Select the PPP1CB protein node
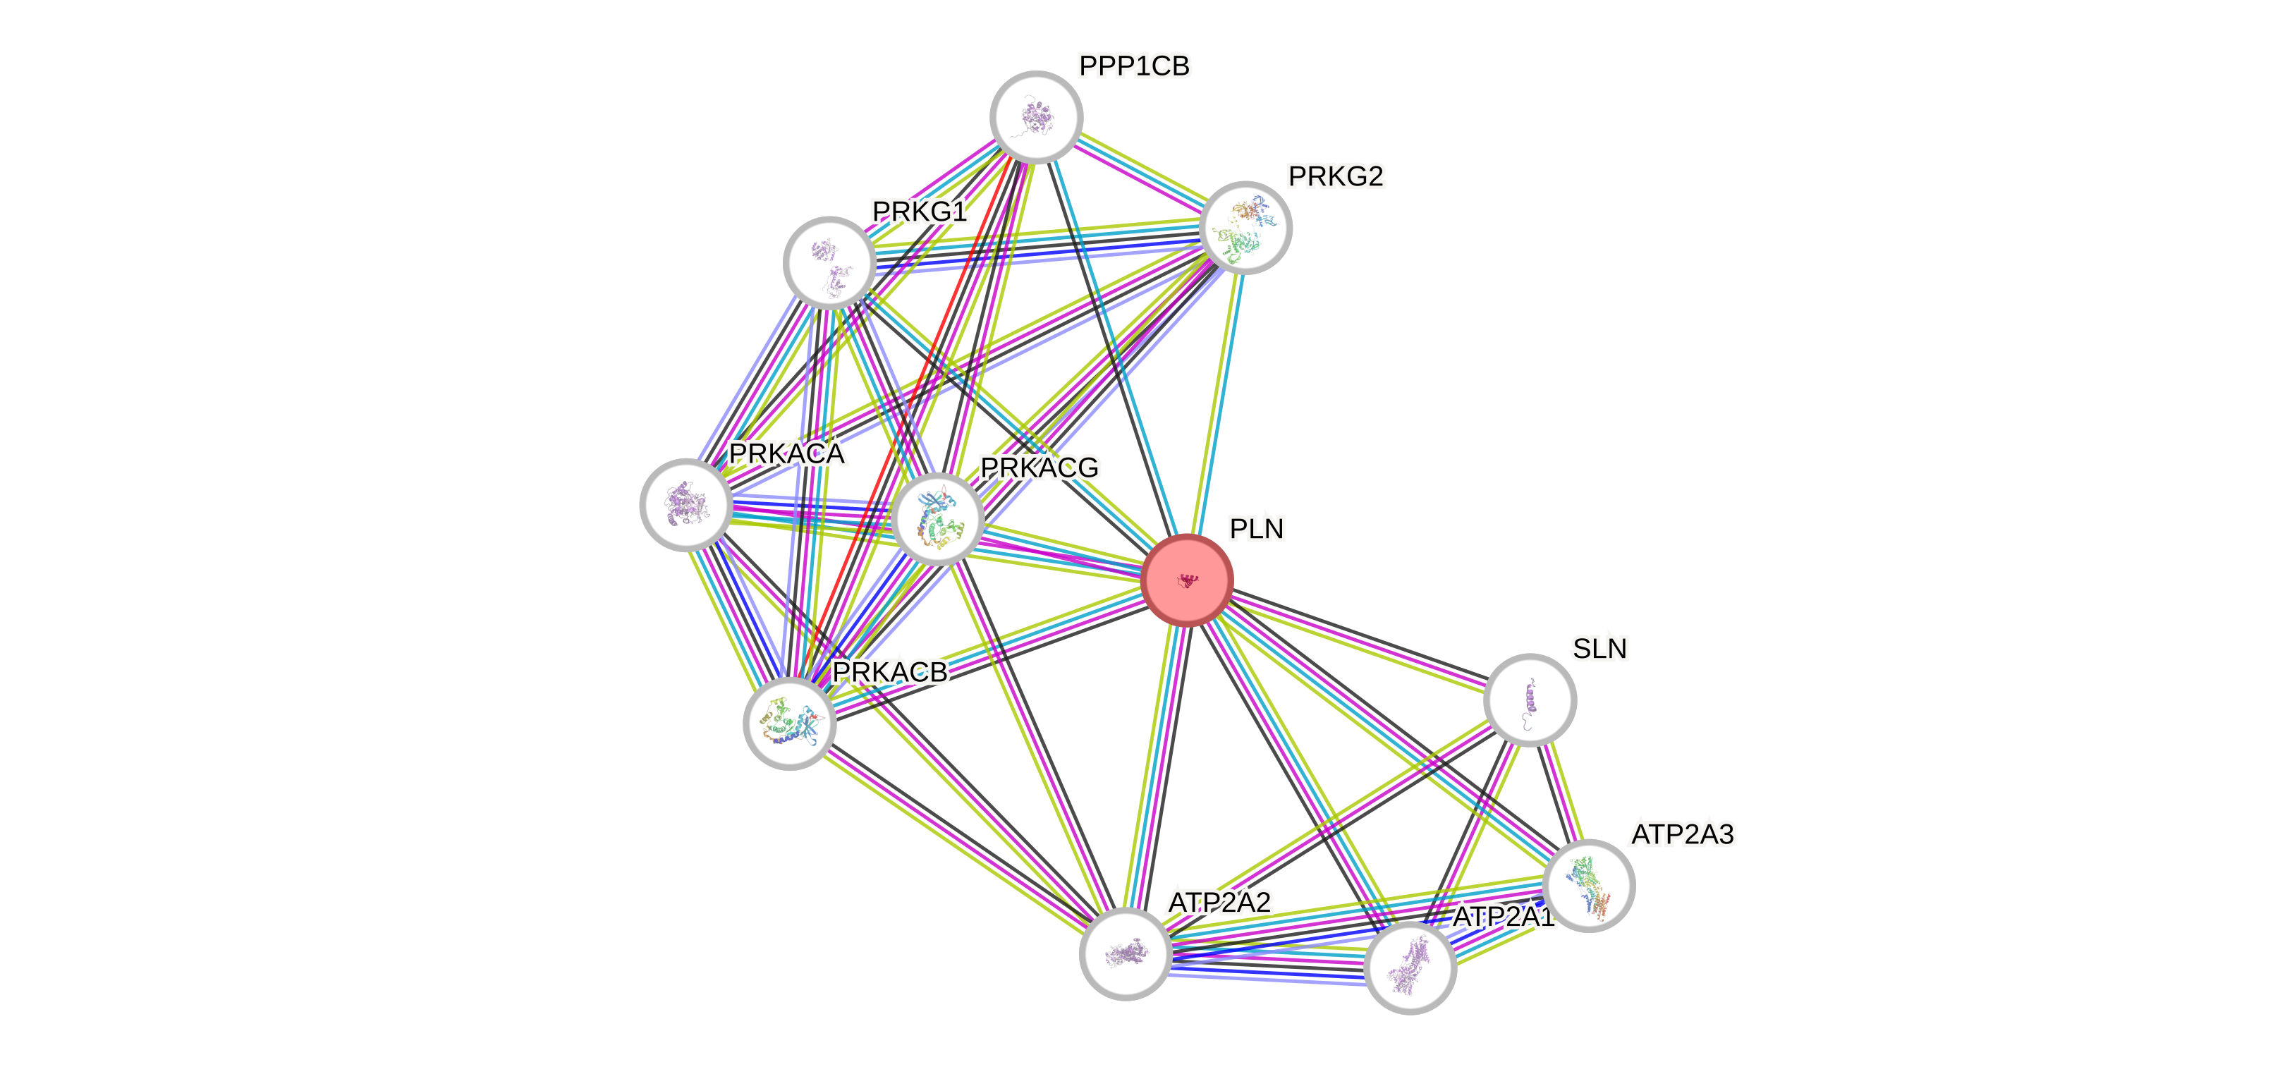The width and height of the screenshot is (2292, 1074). tap(1036, 116)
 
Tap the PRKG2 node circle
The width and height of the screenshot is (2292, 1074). tap(1245, 228)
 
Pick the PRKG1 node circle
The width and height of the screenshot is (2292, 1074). tap(829, 262)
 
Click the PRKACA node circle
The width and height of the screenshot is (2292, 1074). tap(686, 504)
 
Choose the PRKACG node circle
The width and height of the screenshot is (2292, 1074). tap(938, 519)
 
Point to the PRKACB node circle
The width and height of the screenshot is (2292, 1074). tap(789, 723)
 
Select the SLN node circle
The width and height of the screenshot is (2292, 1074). tap(1530, 700)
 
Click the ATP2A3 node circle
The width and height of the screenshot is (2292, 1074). tap(1589, 885)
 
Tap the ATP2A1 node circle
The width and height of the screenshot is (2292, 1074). tap(1409, 968)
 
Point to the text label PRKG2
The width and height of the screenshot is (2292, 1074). tap(1336, 176)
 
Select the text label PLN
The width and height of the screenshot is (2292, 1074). tap(1256, 529)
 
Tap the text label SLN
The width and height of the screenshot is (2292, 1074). tap(1599, 649)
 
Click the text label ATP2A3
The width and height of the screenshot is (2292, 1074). tap(1682, 835)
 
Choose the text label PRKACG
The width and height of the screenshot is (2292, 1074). tap(1040, 467)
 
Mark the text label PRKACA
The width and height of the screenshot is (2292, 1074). tap(786, 454)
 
